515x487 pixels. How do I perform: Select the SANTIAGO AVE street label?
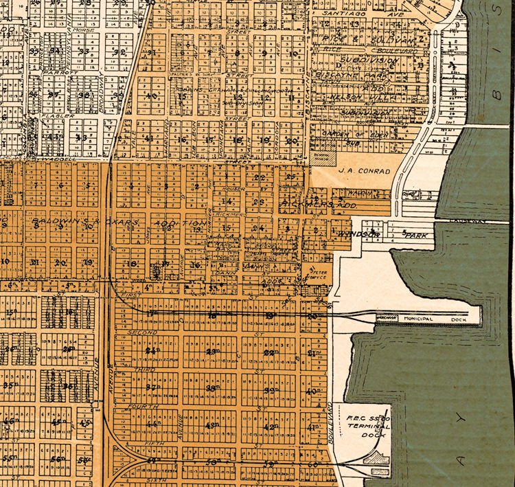(x=347, y=12)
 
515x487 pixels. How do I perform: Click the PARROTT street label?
(x=53, y=71)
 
